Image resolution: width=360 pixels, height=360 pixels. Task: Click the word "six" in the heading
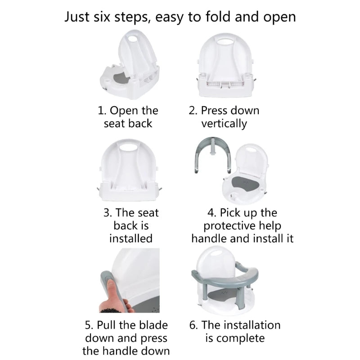102,17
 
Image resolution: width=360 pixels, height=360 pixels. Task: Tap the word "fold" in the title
218,17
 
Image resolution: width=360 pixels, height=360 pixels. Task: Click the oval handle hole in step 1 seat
133,38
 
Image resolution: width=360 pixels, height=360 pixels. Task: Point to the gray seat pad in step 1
121,78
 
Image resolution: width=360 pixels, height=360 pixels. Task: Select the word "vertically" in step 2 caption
224,124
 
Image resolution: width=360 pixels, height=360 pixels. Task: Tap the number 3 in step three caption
107,212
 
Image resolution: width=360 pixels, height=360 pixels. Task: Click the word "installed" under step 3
131,238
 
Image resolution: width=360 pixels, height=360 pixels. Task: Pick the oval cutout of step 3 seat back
128,147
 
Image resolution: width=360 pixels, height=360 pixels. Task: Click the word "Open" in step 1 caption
124,111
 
